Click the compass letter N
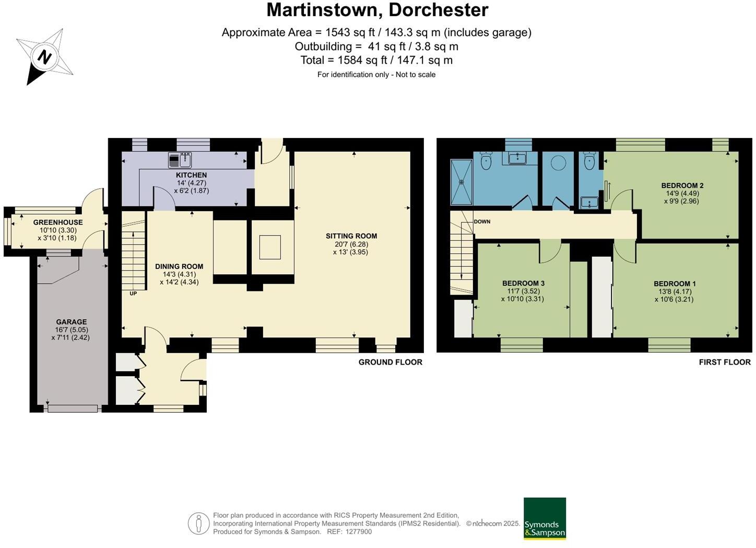coord(44,56)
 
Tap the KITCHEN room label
coord(191,175)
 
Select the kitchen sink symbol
coord(180,159)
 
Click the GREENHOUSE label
coord(58,222)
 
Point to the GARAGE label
coord(72,322)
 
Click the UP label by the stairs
coord(133,294)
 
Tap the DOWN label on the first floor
coord(482,221)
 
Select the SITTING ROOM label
coord(351,236)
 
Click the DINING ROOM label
coord(179,266)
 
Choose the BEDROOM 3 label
coord(523,283)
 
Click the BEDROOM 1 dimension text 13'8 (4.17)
coord(675,292)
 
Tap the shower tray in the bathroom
coord(462,182)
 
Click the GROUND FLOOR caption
coord(390,362)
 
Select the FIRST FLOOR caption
coord(725,362)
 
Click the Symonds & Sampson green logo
coord(545,518)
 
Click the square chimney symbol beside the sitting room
coord(270,247)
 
